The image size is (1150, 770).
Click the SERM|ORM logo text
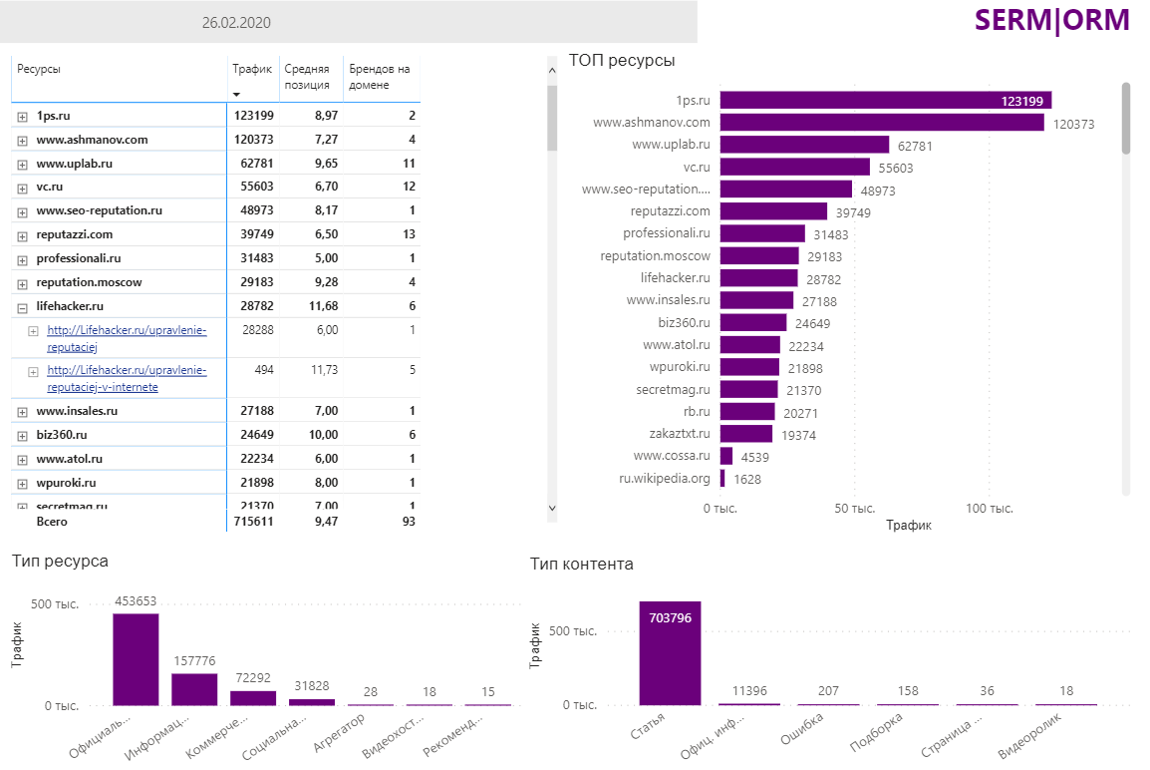tap(1051, 20)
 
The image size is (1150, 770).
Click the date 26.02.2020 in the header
tap(236, 23)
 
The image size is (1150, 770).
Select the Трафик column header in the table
tap(252, 69)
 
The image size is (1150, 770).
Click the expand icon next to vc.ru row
tap(22, 188)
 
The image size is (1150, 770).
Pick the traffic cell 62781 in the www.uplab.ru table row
tap(253, 164)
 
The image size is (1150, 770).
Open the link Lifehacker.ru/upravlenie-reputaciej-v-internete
tap(127, 378)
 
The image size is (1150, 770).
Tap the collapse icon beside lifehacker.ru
tap(22, 307)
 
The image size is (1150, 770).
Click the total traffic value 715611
tap(253, 521)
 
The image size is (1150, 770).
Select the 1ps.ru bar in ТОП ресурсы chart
tap(885, 100)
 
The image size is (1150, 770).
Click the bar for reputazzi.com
tap(773, 211)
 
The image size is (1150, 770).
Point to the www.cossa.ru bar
tap(726, 456)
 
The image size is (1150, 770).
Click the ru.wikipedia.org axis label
tap(665, 479)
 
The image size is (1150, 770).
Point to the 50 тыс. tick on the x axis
tap(854, 509)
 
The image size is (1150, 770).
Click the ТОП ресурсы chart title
tap(622, 61)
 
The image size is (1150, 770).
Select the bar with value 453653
tap(136, 659)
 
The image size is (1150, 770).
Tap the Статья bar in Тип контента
tap(670, 653)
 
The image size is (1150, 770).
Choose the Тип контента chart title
tap(581, 565)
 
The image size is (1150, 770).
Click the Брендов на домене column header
tap(379, 77)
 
